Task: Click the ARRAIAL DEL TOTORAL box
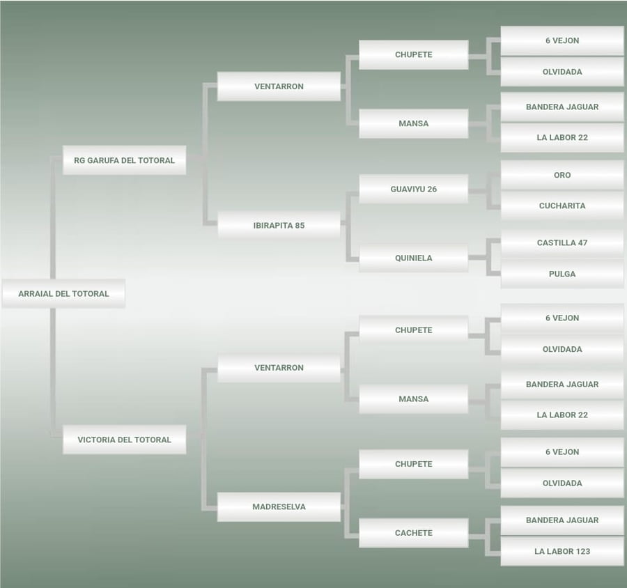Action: coord(63,293)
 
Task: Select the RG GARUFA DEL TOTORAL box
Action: coord(124,160)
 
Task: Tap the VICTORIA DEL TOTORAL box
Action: coord(124,440)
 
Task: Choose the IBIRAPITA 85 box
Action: coord(279,226)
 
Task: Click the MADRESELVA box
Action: coord(279,506)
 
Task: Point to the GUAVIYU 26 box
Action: coord(413,189)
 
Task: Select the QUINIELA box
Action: coord(413,258)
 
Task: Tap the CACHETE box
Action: coord(413,533)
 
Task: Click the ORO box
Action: coord(562,175)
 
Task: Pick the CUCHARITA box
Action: coord(562,206)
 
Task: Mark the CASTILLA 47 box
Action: coord(562,243)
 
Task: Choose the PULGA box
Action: coord(562,274)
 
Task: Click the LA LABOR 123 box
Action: coord(562,551)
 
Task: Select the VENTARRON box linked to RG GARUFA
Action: coord(279,86)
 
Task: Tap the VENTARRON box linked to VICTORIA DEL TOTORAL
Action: coord(279,367)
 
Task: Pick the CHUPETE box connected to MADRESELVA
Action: coord(413,464)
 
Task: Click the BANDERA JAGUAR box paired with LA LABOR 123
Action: coord(562,520)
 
